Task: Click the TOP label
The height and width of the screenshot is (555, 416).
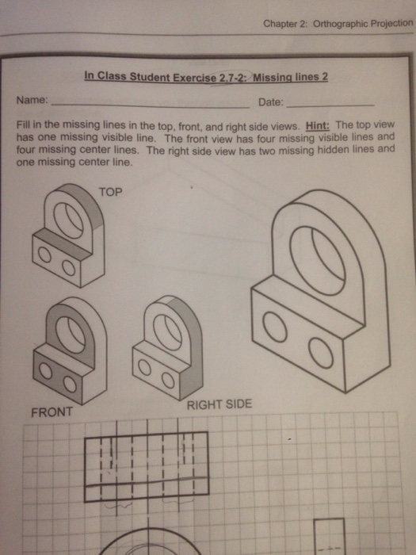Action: [x=110, y=192]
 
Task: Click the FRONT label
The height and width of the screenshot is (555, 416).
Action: [x=52, y=412]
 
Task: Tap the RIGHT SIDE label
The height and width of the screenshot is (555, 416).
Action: [x=219, y=404]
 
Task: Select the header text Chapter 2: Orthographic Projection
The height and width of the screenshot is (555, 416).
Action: [x=338, y=23]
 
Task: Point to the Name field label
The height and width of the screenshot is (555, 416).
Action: [x=32, y=101]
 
